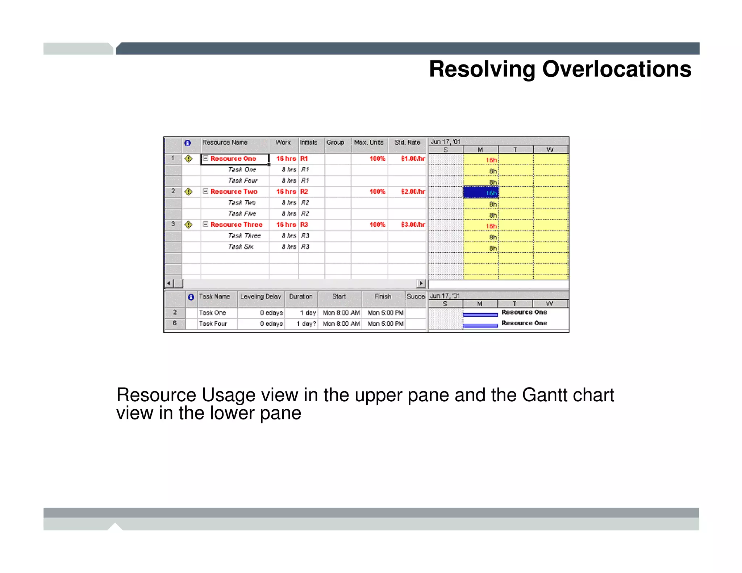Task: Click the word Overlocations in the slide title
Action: (616, 69)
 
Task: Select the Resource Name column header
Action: (225, 143)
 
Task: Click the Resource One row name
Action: (233, 159)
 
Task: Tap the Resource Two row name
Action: (234, 192)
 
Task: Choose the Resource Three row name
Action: (236, 225)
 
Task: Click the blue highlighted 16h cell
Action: (481, 192)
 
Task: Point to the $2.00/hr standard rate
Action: (413, 192)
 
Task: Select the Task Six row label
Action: (241, 247)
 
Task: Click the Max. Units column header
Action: (368, 143)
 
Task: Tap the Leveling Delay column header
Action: (260, 297)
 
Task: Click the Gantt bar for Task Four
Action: (480, 326)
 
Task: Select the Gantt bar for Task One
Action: (480, 315)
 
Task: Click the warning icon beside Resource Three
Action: (188, 225)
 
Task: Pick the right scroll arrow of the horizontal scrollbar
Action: (421, 283)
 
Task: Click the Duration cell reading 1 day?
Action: (306, 324)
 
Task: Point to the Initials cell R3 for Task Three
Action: (305, 236)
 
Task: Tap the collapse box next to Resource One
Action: (205, 158)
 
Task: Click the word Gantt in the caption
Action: (542, 395)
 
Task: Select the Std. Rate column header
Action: (407, 143)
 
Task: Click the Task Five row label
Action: (242, 214)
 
